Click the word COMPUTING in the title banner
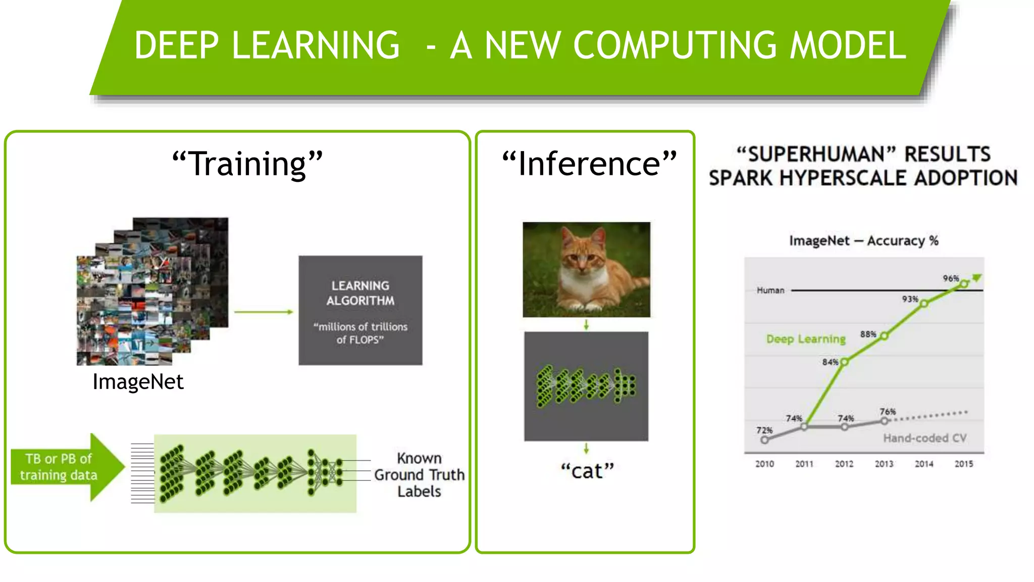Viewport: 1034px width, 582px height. click(675, 45)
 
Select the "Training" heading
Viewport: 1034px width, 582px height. click(247, 164)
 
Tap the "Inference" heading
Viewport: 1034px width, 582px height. click(589, 164)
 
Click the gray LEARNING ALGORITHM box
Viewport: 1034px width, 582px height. click(360, 310)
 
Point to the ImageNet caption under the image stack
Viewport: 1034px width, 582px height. click(138, 382)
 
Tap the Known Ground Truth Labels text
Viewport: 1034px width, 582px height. click(419, 475)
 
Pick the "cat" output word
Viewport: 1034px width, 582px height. click(587, 471)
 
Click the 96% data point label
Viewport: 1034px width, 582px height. click(951, 278)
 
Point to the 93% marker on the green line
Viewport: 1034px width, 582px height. click(924, 304)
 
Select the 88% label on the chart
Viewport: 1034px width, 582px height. click(868, 334)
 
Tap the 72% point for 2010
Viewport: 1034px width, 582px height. click(765, 440)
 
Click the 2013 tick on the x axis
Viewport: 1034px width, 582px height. click(884, 464)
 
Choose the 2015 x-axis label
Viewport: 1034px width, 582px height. click(964, 464)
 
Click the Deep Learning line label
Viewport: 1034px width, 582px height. click(806, 339)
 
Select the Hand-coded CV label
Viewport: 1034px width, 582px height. click(924, 438)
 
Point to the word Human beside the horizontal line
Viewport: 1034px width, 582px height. click(770, 290)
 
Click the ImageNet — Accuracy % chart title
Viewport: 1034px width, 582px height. click(864, 241)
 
